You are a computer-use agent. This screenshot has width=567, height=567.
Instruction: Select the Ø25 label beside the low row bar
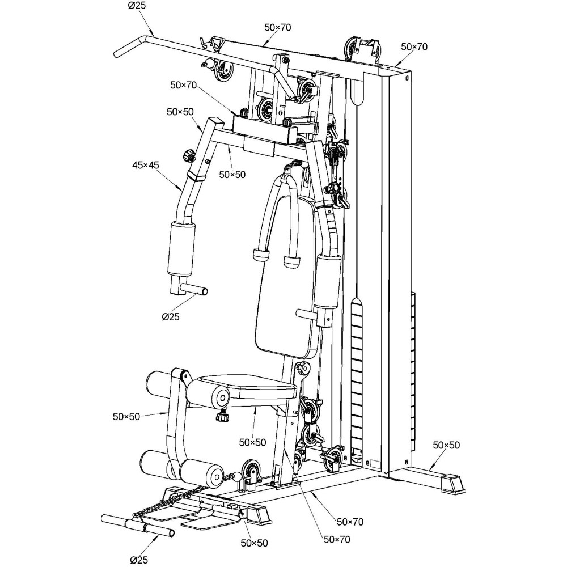(138, 560)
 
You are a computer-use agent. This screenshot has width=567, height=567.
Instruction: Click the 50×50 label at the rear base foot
(446, 445)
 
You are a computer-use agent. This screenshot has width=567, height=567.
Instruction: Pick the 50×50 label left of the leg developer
(126, 417)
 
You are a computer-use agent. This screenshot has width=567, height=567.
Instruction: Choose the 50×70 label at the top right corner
(414, 47)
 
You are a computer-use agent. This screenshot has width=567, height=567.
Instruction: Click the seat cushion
(249, 386)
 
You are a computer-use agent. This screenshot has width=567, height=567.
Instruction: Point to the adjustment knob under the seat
(222, 417)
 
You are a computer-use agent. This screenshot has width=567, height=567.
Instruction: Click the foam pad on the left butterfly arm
(180, 248)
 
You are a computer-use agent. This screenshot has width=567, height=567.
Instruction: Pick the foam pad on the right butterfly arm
(329, 281)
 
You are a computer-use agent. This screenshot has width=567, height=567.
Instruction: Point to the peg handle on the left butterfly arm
(193, 291)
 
